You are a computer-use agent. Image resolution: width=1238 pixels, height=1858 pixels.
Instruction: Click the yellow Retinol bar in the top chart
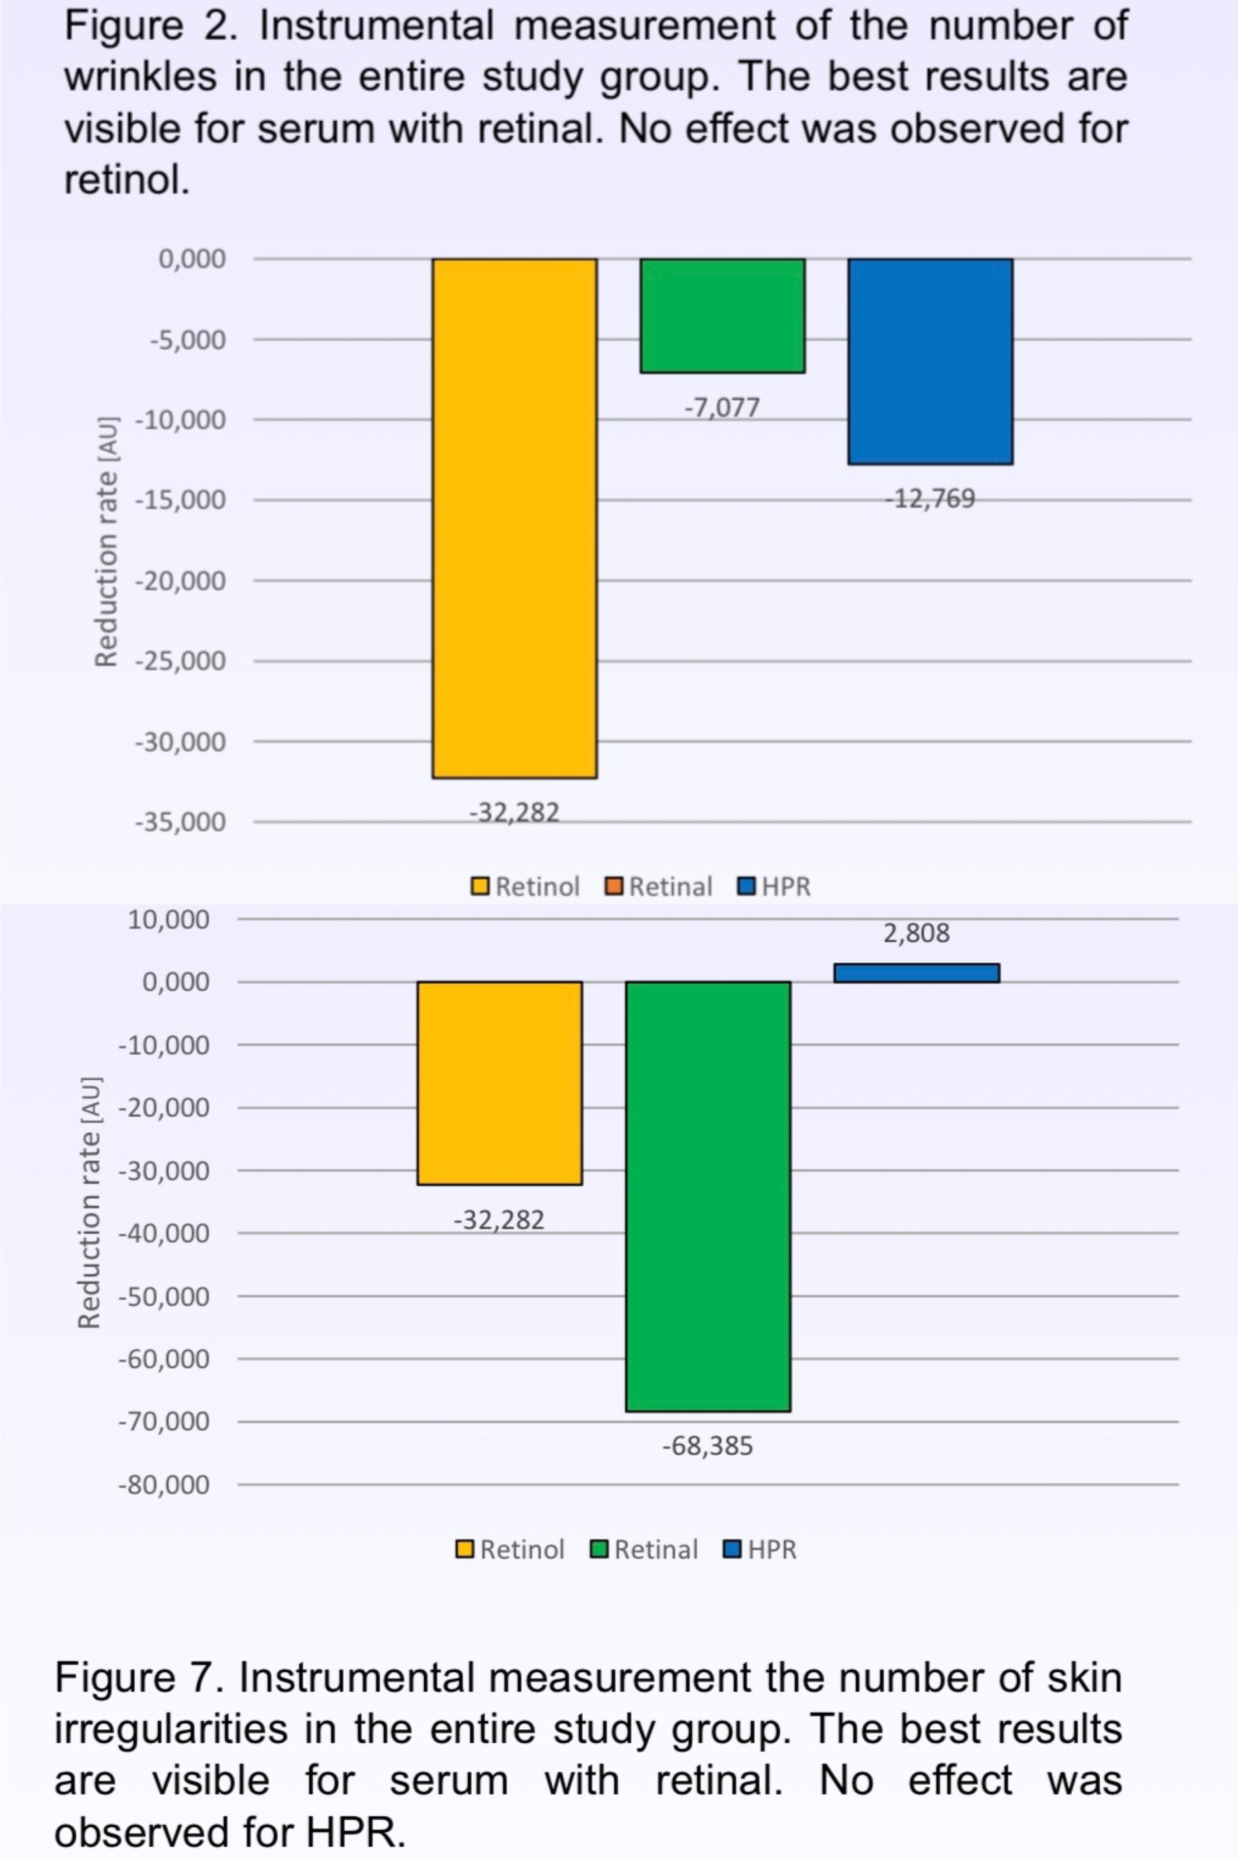pyautogui.click(x=514, y=518)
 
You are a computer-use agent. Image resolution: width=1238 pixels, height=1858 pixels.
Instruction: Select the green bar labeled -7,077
pyautogui.click(x=723, y=315)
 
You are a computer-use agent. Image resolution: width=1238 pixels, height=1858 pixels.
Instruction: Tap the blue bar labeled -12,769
pyautogui.click(x=930, y=361)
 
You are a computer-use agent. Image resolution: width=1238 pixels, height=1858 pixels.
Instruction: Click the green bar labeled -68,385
pyautogui.click(x=708, y=1196)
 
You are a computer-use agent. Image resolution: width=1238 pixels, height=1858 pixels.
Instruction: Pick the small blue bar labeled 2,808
pyautogui.click(x=917, y=973)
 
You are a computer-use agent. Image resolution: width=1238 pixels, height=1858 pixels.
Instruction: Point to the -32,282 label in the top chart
pyautogui.click(x=514, y=812)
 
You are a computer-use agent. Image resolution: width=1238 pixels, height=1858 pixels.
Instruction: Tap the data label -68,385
pyautogui.click(x=708, y=1447)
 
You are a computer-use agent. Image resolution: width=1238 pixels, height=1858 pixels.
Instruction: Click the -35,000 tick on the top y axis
pyautogui.click(x=180, y=822)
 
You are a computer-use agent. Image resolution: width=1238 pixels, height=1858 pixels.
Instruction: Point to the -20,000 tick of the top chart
pyautogui.click(x=180, y=581)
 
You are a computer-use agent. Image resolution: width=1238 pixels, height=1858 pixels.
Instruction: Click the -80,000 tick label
pyautogui.click(x=164, y=1485)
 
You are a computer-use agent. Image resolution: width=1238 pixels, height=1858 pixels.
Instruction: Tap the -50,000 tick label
pyautogui.click(x=164, y=1296)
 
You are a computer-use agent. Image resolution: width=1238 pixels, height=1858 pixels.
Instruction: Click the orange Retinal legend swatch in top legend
pyautogui.click(x=613, y=886)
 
